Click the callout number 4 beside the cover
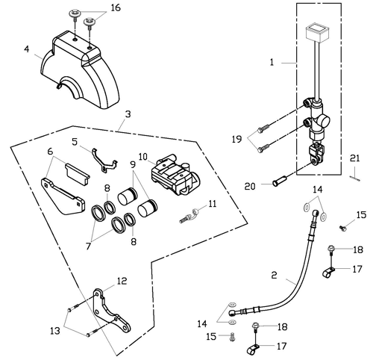[x=26, y=49]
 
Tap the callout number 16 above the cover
[x=116, y=8]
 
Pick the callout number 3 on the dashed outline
[x=128, y=114]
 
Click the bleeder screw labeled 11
[x=188, y=216]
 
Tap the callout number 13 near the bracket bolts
[x=54, y=331]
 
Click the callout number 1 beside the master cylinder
[x=272, y=62]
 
